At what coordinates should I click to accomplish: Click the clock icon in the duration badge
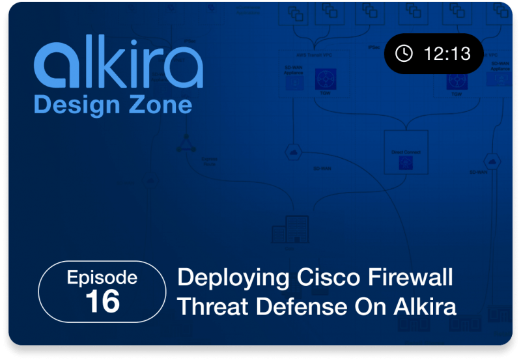click(x=404, y=53)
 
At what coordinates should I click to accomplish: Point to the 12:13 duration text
click(x=447, y=53)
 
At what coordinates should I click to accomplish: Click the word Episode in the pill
click(x=102, y=278)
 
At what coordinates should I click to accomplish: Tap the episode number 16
click(x=102, y=301)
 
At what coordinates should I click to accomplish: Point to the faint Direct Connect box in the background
click(x=406, y=152)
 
